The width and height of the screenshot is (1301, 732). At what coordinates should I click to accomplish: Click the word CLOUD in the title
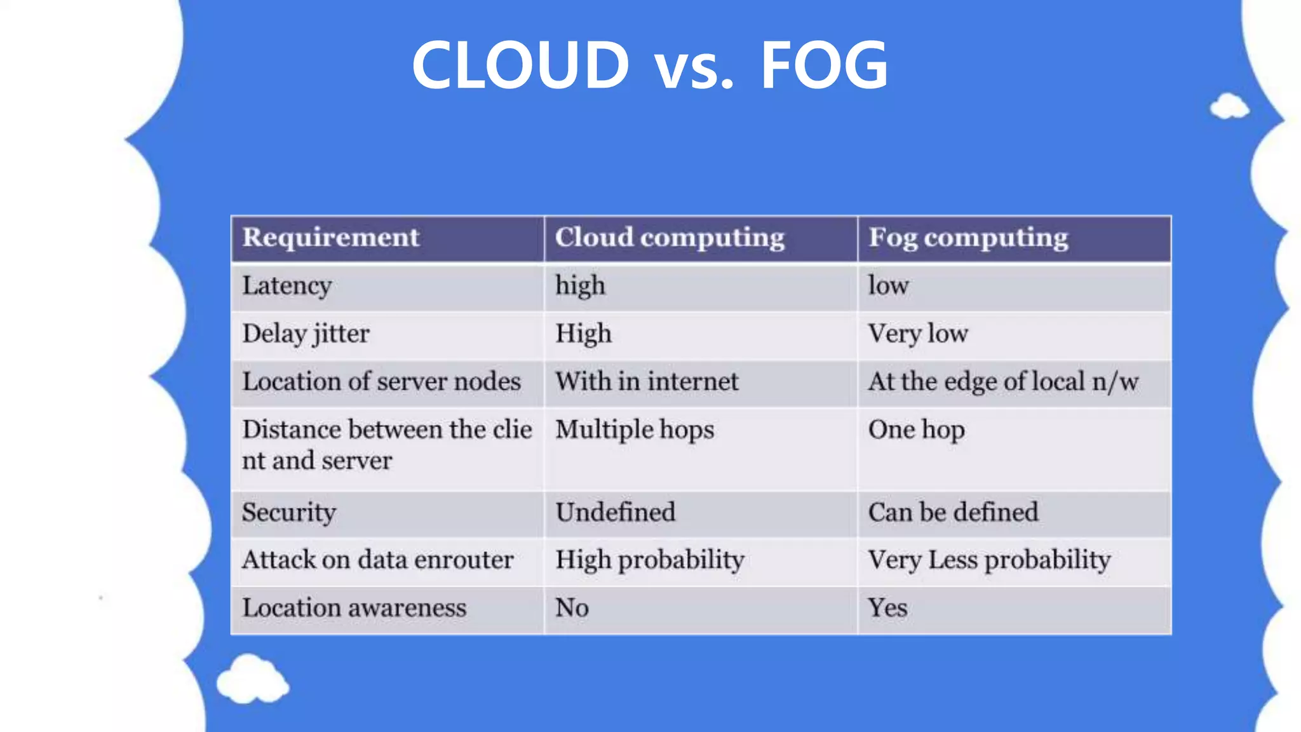[x=520, y=65]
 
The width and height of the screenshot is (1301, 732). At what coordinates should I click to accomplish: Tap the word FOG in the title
[x=824, y=65]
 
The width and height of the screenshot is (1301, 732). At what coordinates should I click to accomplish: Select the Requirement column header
[x=330, y=238]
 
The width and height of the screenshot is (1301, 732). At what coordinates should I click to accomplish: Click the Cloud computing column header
[x=670, y=238]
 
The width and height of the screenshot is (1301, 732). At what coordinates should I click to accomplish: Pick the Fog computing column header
[x=968, y=238]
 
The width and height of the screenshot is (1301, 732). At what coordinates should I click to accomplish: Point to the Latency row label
[x=286, y=286]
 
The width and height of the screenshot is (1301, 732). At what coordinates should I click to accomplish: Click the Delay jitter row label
[x=306, y=334]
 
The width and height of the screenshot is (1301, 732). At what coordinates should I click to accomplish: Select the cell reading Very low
[x=918, y=334]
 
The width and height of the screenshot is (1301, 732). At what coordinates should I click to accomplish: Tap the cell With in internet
[x=647, y=382]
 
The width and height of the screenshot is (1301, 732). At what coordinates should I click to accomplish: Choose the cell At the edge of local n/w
[x=1003, y=382]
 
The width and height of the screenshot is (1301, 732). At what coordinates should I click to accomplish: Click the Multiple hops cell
[x=635, y=430]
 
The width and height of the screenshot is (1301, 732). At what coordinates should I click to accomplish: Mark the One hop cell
[x=916, y=430]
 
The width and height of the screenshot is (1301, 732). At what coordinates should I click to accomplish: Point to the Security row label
[x=289, y=512]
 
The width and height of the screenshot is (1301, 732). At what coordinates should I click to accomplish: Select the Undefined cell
[x=615, y=512]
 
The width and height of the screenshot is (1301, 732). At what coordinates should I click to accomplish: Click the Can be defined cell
[x=953, y=512]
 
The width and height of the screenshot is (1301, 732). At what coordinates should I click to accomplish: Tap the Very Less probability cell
[x=989, y=560]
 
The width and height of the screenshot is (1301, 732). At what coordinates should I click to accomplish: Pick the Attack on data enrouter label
[x=377, y=560]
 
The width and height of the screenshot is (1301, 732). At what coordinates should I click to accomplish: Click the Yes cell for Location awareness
[x=887, y=608]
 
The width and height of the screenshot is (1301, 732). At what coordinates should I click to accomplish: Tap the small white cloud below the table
[x=252, y=680]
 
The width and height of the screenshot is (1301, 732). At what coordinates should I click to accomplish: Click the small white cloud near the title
[x=1229, y=107]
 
